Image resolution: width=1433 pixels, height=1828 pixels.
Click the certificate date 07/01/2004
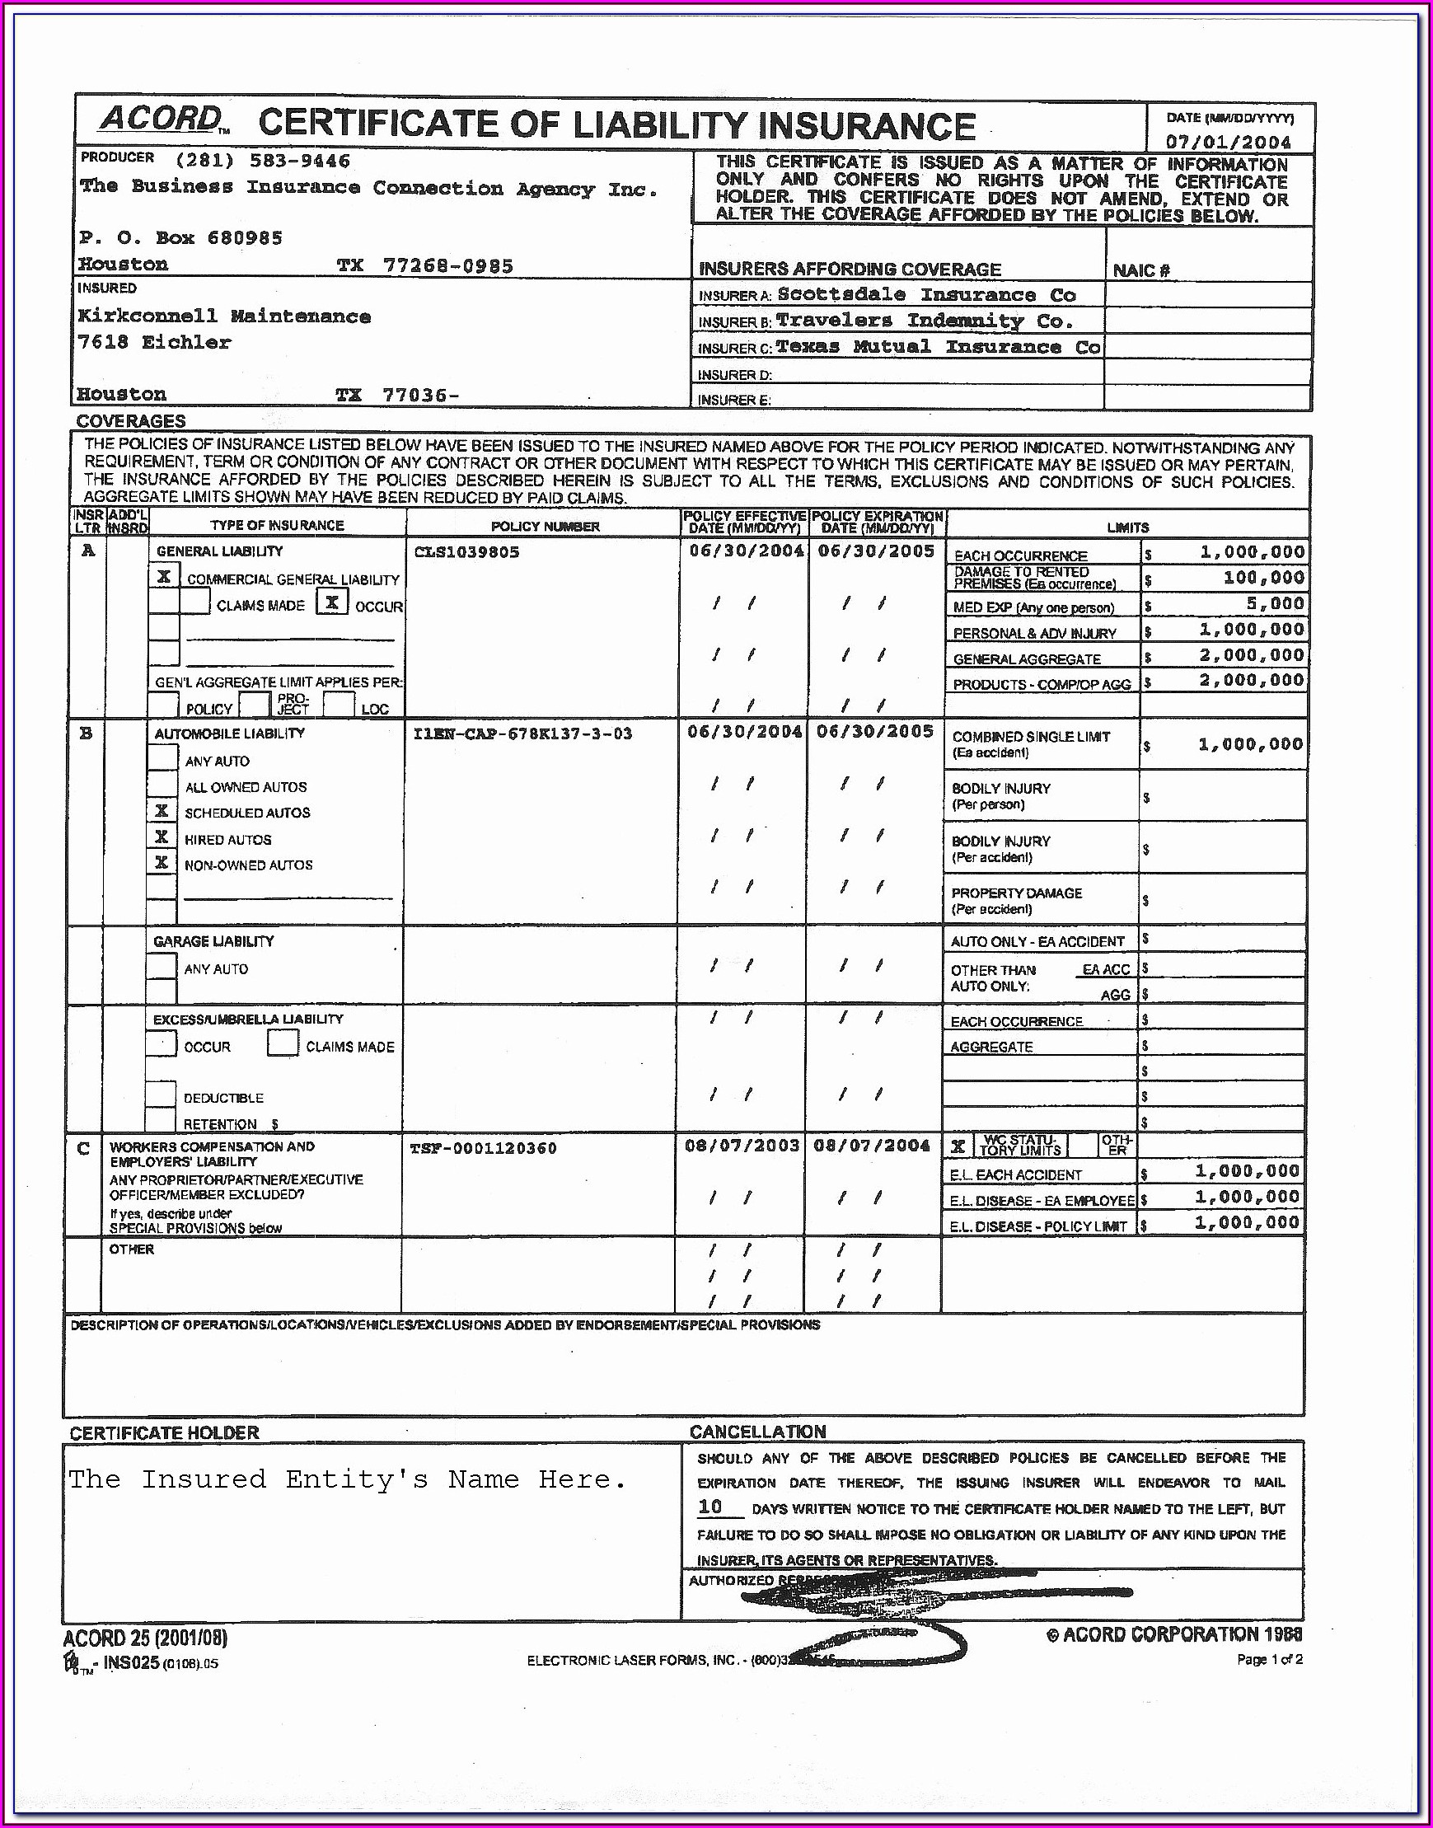[1229, 142]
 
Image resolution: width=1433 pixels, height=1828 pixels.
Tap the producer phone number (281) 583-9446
[263, 160]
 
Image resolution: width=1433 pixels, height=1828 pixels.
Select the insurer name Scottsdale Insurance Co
[926, 294]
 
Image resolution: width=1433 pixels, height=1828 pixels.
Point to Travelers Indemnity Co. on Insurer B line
[925, 321]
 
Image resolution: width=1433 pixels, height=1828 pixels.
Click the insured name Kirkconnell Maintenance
[224, 316]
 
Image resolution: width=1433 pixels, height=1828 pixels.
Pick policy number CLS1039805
[466, 552]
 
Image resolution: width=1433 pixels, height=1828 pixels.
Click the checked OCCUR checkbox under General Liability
[332, 602]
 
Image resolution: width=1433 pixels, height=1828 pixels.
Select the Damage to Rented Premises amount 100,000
[1262, 578]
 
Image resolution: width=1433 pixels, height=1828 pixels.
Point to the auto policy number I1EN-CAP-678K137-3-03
[522, 734]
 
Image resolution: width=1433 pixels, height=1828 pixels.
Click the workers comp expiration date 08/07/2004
[872, 1146]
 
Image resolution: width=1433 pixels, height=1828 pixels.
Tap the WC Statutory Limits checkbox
[958, 1146]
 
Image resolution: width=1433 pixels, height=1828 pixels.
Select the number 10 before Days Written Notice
[709, 1507]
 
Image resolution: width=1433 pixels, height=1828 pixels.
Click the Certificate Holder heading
[165, 1433]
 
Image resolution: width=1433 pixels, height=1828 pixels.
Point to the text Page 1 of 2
[1268, 1659]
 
